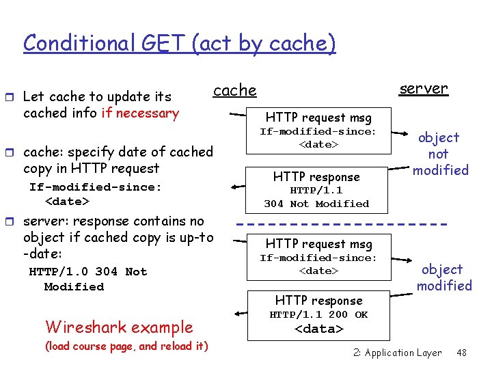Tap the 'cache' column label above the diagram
(234, 90)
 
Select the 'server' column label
(424, 88)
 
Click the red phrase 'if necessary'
(139, 113)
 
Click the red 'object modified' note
(444, 277)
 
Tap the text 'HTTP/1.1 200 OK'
(318, 314)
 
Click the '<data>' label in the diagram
(318, 329)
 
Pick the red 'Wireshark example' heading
(119, 327)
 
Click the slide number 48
(461, 353)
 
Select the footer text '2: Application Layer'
(397, 353)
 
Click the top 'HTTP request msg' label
(318, 118)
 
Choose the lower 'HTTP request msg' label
(318, 244)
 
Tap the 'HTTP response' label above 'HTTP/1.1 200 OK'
(318, 301)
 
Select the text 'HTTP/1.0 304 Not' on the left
(87, 271)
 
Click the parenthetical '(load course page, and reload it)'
(126, 346)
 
